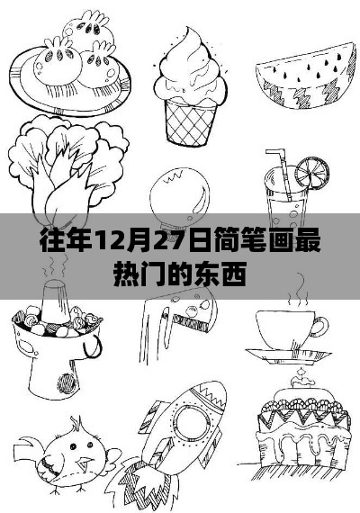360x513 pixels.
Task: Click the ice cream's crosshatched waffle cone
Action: [x=191, y=121]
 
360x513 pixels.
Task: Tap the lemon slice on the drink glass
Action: [x=312, y=172]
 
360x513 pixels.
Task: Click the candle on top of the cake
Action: [x=300, y=379]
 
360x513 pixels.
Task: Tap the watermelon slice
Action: [x=306, y=76]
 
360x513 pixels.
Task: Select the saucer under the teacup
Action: [x=288, y=355]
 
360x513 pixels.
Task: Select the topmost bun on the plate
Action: [x=89, y=30]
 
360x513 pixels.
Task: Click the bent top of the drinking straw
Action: [x=276, y=153]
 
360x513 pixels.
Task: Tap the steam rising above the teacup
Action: [x=298, y=292]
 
